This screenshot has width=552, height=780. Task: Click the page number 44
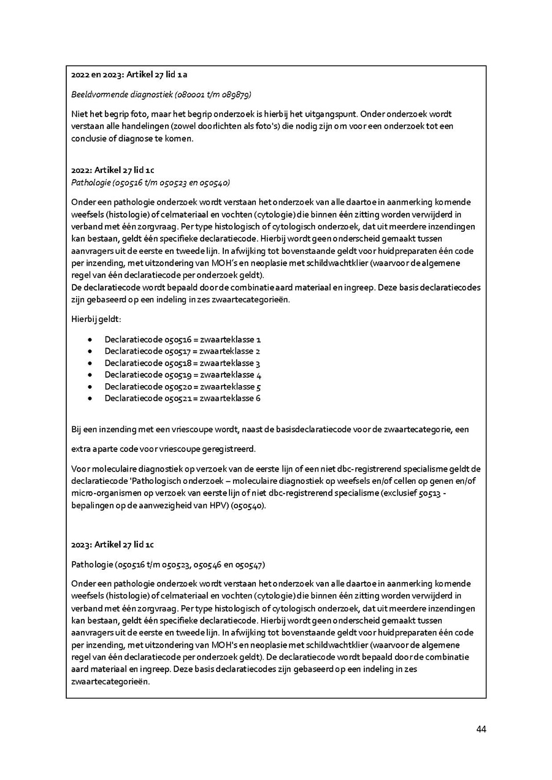[481, 729]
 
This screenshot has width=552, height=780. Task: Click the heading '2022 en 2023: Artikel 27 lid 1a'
[129, 75]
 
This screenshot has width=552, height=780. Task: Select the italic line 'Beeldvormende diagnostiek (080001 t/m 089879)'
[161, 94]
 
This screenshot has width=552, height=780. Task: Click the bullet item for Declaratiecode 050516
[183, 339]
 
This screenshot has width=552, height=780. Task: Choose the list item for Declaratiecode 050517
[183, 351]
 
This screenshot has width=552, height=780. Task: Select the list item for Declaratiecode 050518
[183, 363]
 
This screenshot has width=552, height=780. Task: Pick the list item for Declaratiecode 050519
[183, 375]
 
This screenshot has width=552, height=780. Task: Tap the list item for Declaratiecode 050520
[183, 387]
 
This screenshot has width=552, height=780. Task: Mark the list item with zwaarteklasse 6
[183, 399]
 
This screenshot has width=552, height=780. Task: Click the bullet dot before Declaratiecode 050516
[90, 340]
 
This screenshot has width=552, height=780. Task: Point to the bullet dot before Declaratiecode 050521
[90, 399]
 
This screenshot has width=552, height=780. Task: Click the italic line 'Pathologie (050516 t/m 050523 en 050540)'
[150, 182]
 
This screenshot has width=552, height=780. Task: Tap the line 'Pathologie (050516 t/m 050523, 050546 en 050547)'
[168, 564]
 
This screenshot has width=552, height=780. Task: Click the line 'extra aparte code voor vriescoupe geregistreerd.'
[163, 449]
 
